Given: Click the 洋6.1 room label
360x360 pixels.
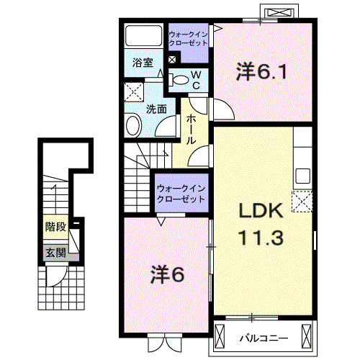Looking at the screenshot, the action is pos(261,71).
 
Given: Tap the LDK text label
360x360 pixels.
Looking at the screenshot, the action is pos(261,211).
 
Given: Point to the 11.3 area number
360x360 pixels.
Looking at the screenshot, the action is pos(261,237).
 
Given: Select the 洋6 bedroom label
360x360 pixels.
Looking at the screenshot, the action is pos(167,275).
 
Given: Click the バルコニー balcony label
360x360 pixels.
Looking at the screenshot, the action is pos(264,338).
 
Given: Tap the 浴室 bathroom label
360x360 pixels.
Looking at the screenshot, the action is pos(143,63).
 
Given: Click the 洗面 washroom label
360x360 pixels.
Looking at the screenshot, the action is pos(156,109).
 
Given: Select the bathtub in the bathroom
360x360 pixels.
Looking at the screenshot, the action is pos(143,35).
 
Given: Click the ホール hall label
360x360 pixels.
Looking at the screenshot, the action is pos(192,129).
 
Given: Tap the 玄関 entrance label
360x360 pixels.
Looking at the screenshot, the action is pos(55,253).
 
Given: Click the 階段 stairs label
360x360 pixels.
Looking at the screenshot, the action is pos(55,227).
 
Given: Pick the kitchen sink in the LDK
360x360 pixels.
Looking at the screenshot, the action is pos(302,176).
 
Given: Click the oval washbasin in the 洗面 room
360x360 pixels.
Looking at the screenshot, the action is pos(132,126).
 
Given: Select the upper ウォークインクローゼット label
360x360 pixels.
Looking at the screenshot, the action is pos(188,39).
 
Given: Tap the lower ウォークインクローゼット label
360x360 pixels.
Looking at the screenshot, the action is pos(181,194).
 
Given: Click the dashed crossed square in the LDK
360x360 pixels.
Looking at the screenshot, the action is pos(302,202).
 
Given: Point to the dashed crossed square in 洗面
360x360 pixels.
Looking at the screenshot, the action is pos(134,92).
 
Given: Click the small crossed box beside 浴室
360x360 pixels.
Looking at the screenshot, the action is pos(172,60).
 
